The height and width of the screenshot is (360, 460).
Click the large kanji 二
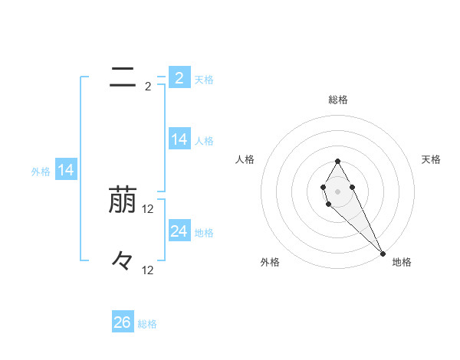coord(123,77)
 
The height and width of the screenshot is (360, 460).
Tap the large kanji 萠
coord(123,200)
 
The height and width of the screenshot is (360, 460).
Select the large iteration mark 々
coord(123,260)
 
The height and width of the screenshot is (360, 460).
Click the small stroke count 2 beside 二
coord(148,87)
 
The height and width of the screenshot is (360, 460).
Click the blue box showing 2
coord(179,78)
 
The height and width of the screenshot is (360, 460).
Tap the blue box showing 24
coord(179,231)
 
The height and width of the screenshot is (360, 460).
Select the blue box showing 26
coord(123,322)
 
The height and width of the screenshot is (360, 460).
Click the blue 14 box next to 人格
coord(179,139)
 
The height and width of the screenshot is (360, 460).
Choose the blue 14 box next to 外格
coord(66,171)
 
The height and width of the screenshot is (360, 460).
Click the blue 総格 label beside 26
coord(147,324)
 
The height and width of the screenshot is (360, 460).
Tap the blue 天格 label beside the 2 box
coord(204,80)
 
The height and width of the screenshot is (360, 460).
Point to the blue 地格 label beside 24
coord(204,233)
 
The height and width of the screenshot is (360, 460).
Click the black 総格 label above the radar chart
coord(338,100)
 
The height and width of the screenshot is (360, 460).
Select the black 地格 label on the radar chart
coord(402,262)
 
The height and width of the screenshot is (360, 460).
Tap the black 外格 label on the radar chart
coord(270,262)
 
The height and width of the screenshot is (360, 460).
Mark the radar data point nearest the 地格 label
coord(383,253)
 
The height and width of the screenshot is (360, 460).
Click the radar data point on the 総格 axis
coord(337,161)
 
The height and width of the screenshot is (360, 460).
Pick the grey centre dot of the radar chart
coord(337,191)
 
